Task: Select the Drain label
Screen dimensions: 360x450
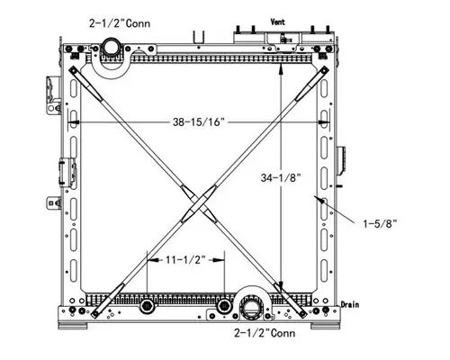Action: pos(350,304)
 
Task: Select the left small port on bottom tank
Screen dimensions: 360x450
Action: pos(147,307)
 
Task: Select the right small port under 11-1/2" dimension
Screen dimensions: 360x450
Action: pos(223,307)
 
